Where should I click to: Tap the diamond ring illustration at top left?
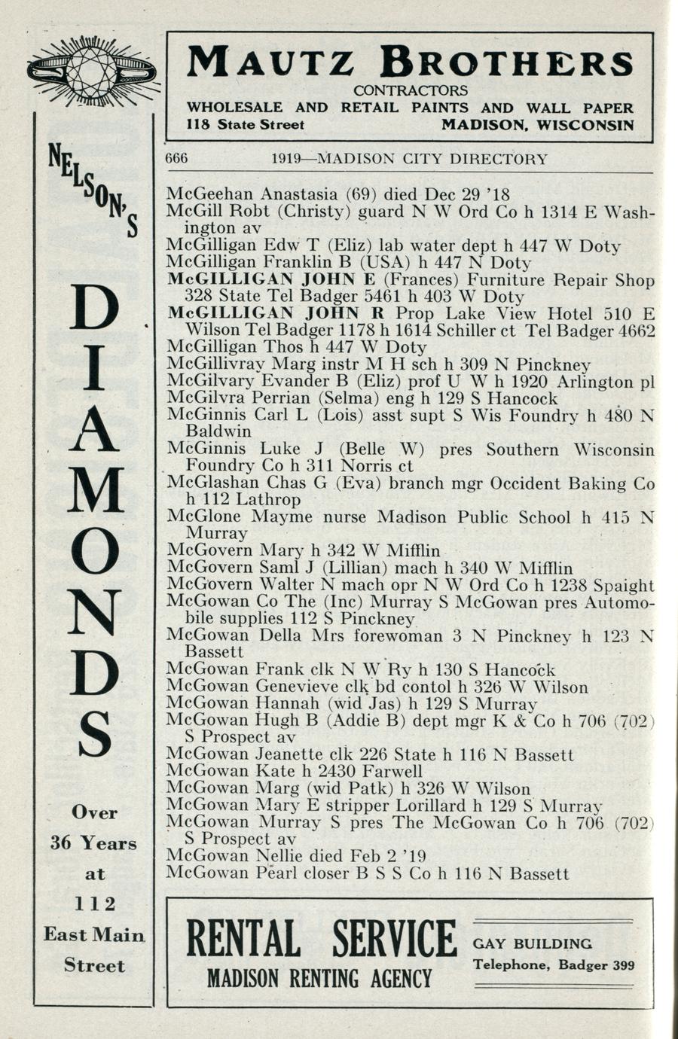[x=91, y=72]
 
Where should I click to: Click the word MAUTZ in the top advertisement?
[x=270, y=62]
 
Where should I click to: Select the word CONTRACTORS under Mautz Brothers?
[x=410, y=90]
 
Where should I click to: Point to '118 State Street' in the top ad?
[x=246, y=125]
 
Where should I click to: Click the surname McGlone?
[x=203, y=517]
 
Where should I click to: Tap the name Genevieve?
[x=298, y=687]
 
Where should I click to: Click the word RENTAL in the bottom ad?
[x=243, y=940]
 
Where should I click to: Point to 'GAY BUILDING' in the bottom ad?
[x=532, y=944]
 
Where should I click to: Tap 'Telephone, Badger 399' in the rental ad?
[x=553, y=966]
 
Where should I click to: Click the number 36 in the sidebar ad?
[x=60, y=843]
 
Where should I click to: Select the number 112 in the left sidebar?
[x=94, y=903]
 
